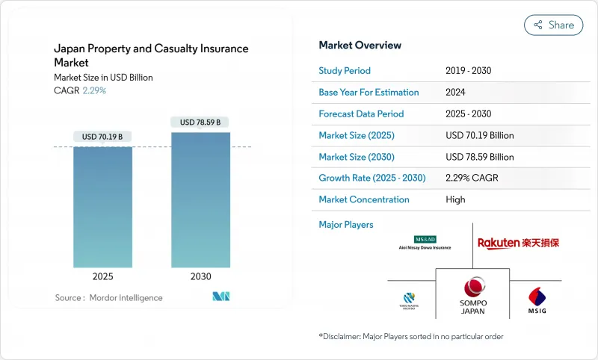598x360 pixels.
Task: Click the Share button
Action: pyautogui.click(x=553, y=25)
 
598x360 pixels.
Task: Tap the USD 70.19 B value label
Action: pyautogui.click(x=102, y=136)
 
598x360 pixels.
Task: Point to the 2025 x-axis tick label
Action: pyautogui.click(x=102, y=276)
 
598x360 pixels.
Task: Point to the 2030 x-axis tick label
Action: pyautogui.click(x=200, y=276)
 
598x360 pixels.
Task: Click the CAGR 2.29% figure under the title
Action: pyautogui.click(x=93, y=90)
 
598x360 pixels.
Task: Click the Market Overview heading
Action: pyautogui.click(x=360, y=46)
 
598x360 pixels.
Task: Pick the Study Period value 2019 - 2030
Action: pyautogui.click(x=468, y=71)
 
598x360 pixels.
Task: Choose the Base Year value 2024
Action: pyautogui.click(x=456, y=93)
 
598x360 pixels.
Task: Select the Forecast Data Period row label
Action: pyautogui.click(x=361, y=114)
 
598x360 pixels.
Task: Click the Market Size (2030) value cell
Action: pyautogui.click(x=479, y=157)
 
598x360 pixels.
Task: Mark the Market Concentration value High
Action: pyautogui.click(x=455, y=199)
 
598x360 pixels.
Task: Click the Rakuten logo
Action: pyautogui.click(x=518, y=243)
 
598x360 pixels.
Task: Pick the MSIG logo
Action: pyautogui.click(x=537, y=299)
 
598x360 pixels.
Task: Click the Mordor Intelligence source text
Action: pyautogui.click(x=108, y=298)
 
